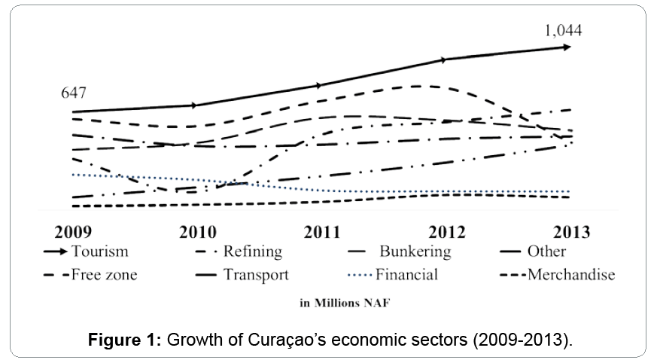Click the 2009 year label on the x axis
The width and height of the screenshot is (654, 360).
click(74, 231)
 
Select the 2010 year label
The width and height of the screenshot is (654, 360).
click(197, 231)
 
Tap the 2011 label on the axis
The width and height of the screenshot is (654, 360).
click(321, 231)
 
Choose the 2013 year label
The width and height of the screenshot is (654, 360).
click(570, 231)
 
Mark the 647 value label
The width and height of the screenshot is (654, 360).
click(73, 93)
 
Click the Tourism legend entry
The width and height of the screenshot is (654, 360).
click(99, 252)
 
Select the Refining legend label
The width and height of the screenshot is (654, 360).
click(252, 252)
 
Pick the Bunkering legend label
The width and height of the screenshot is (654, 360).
click(415, 252)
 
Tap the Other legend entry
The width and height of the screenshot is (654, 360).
click(547, 252)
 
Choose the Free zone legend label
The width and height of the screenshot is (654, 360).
click(104, 275)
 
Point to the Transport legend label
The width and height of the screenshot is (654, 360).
click(256, 275)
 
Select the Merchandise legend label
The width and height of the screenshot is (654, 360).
click(571, 275)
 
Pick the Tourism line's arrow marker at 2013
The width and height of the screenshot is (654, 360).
click(565, 47)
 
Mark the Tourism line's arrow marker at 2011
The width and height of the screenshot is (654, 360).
click(319, 85)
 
